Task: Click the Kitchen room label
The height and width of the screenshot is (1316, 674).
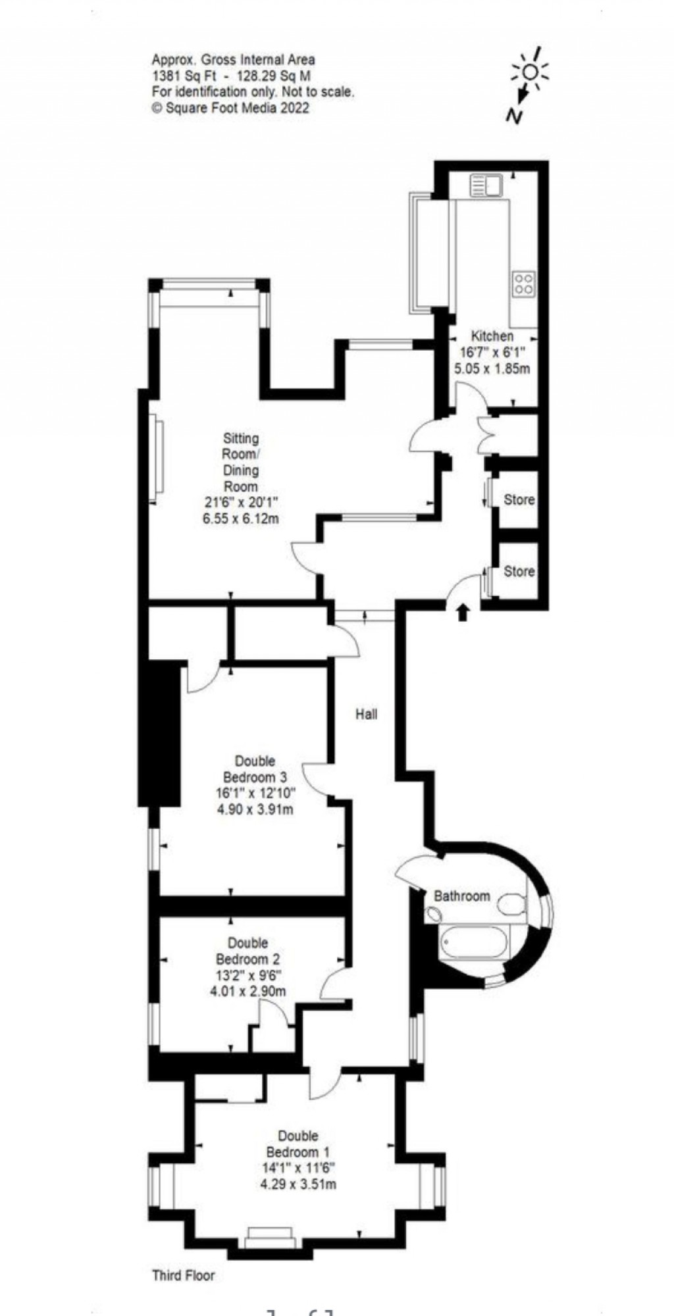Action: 492,336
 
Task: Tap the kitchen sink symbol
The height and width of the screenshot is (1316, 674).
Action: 486,185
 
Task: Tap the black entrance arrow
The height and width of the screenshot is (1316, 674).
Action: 463,612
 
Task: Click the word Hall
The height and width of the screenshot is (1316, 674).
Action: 367,713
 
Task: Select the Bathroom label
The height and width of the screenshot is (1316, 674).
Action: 461,896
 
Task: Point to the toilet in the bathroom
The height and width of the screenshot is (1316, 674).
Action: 511,905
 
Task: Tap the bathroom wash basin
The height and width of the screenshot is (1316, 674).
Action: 434,913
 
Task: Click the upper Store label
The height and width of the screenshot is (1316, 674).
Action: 519,499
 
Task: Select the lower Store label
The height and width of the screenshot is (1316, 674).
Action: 519,571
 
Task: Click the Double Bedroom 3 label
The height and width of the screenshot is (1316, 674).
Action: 255,769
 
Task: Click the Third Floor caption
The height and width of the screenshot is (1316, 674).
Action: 184,1275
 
